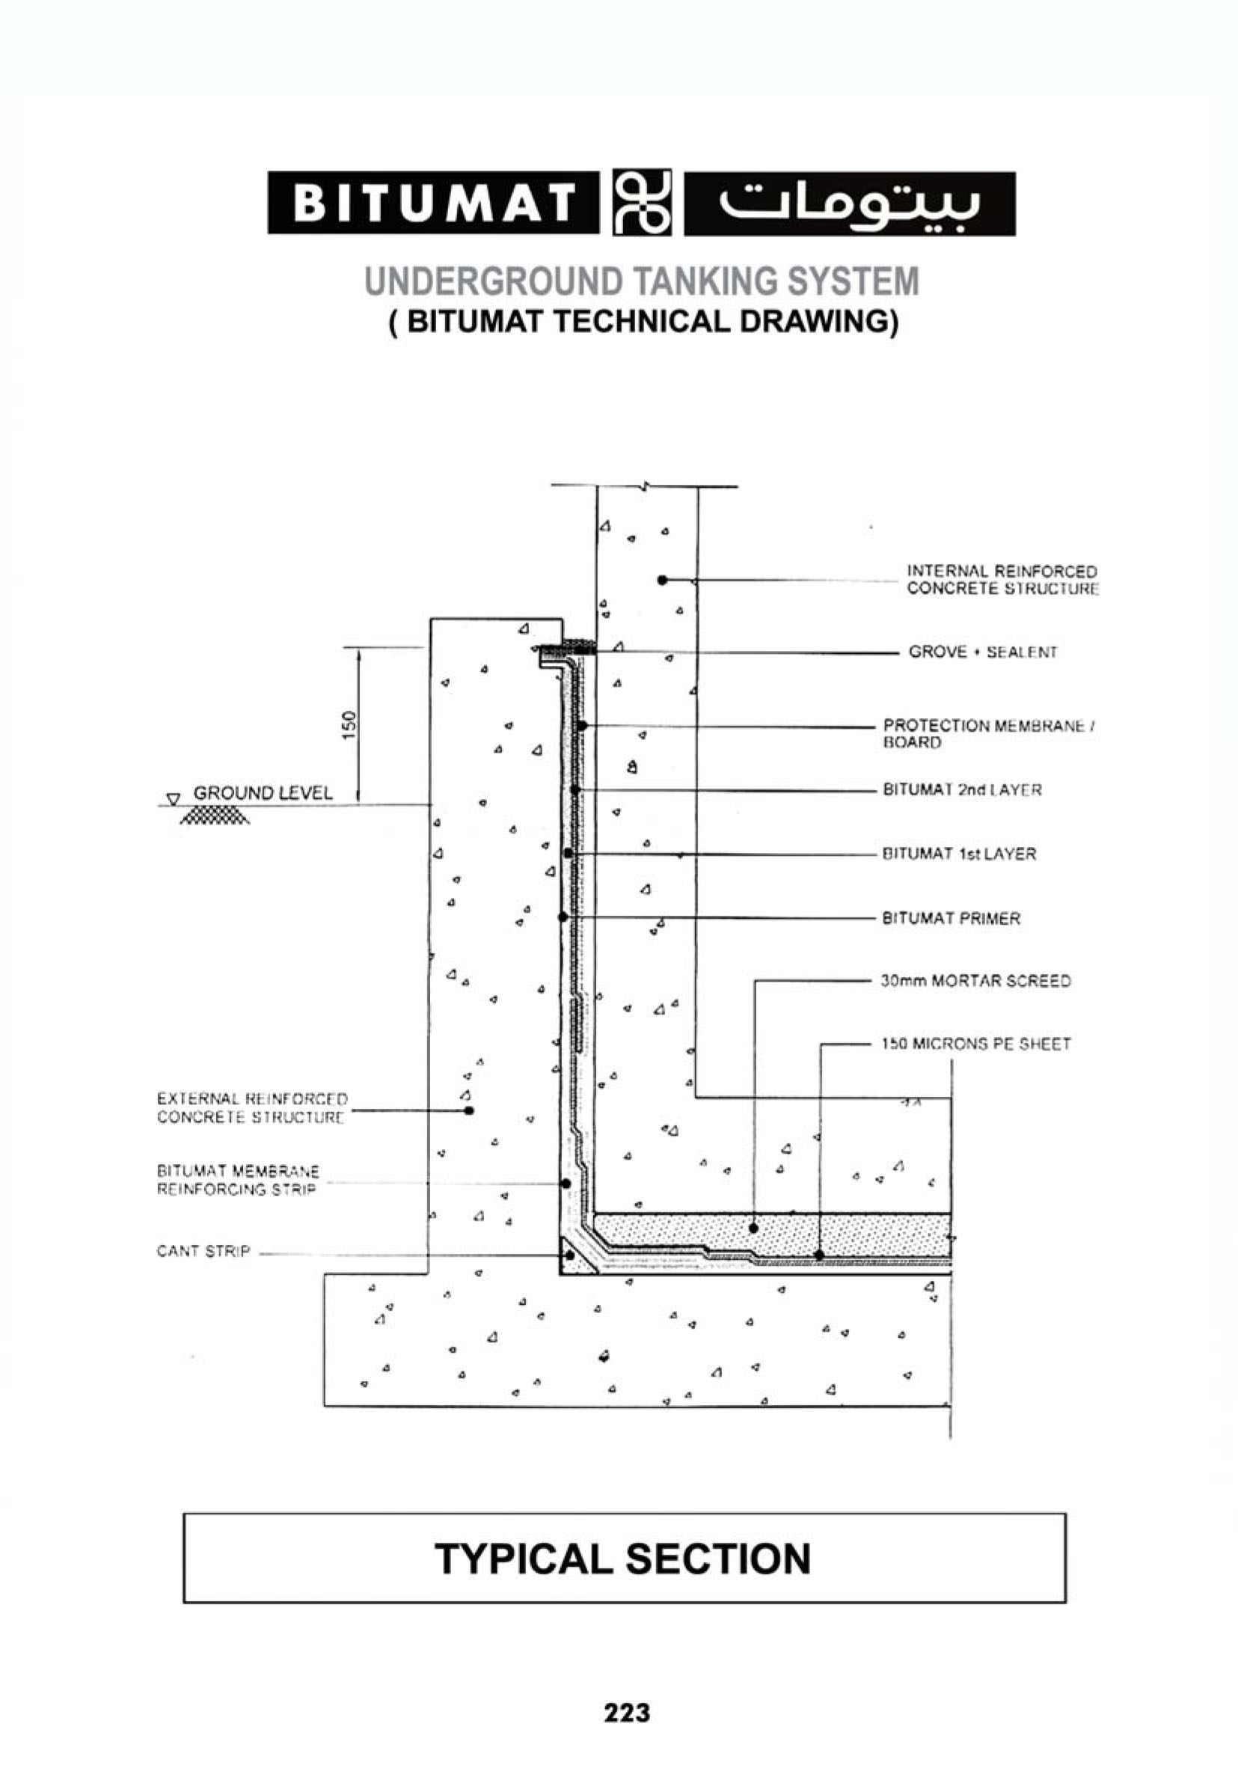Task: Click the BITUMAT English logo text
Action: pyautogui.click(x=433, y=204)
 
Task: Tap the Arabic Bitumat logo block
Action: pyautogui.click(x=849, y=204)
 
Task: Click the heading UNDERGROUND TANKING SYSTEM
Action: pyautogui.click(x=641, y=281)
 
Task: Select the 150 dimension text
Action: pyautogui.click(x=349, y=725)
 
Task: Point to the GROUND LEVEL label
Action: pyautogui.click(x=263, y=793)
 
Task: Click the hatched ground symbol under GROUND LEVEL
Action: pyautogui.click(x=214, y=816)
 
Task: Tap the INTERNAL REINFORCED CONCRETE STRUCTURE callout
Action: pyautogui.click(x=1002, y=580)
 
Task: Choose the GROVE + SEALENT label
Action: pyautogui.click(x=982, y=652)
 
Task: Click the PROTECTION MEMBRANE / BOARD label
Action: pyautogui.click(x=990, y=734)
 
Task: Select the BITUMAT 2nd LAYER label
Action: pyautogui.click(x=962, y=790)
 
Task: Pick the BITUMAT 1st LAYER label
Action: pyautogui.click(x=959, y=854)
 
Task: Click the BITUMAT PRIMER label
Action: pyautogui.click(x=951, y=919)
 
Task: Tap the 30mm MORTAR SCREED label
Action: pyautogui.click(x=975, y=981)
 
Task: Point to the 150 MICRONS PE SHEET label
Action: pyautogui.click(x=975, y=1044)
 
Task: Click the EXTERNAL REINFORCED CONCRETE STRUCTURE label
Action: pyautogui.click(x=253, y=1108)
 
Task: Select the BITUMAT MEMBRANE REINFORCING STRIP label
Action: pyautogui.click(x=238, y=1181)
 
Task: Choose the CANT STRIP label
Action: pyautogui.click(x=203, y=1251)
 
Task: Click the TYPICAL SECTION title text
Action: pyautogui.click(x=623, y=1559)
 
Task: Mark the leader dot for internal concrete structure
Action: pyautogui.click(x=662, y=580)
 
